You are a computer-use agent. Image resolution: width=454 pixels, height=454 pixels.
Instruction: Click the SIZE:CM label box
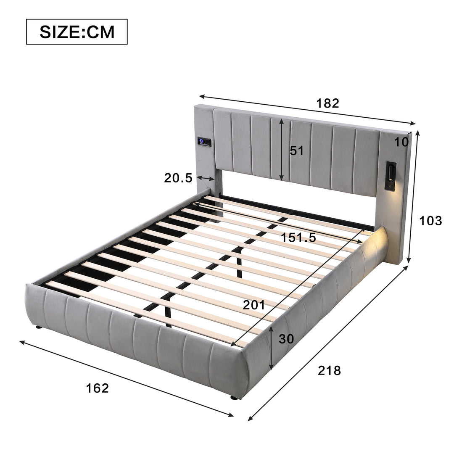(x=77, y=32)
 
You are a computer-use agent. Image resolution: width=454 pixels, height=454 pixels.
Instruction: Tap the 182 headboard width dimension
(x=328, y=103)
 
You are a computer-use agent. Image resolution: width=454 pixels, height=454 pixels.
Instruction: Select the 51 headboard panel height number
(x=296, y=150)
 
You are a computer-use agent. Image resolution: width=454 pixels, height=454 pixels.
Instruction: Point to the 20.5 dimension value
(x=178, y=178)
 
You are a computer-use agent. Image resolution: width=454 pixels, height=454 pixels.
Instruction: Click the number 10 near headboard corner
(x=401, y=142)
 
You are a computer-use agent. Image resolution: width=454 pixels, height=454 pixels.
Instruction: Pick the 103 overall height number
(x=431, y=220)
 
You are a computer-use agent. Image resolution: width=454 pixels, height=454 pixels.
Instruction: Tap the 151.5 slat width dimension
(x=298, y=238)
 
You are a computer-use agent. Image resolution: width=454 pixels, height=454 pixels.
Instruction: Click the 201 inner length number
(x=254, y=305)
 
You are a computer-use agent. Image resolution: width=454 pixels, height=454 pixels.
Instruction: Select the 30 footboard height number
(x=286, y=339)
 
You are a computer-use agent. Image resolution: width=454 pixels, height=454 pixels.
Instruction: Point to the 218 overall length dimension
(x=329, y=370)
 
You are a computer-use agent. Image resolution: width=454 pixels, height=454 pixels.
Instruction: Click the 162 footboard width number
(x=97, y=388)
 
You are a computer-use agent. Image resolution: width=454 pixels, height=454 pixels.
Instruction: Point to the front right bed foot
(x=234, y=396)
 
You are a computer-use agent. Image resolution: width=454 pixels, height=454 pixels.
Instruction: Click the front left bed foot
(x=39, y=327)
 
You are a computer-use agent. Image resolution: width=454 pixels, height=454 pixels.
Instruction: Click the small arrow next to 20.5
(x=205, y=178)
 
